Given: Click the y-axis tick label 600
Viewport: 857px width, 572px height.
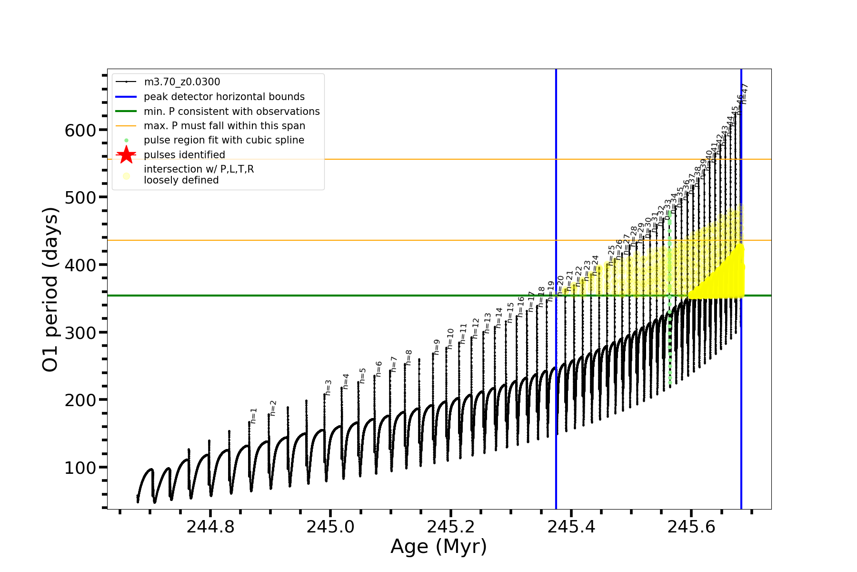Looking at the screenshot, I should [x=80, y=130].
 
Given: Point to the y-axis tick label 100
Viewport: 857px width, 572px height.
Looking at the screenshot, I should [x=80, y=468].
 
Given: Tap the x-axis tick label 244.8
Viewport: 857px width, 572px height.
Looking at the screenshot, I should [x=210, y=527].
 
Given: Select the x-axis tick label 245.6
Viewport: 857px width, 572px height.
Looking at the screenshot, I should [x=691, y=527].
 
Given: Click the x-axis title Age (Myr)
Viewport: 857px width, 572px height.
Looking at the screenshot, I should [x=438, y=547].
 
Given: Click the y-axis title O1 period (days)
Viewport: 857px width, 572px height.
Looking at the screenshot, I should [x=50, y=289].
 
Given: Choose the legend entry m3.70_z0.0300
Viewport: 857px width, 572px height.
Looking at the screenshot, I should [x=182, y=82].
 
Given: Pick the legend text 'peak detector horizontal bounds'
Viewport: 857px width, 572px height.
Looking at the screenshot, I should [x=224, y=97].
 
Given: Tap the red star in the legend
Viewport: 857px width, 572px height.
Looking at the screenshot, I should [x=126, y=155].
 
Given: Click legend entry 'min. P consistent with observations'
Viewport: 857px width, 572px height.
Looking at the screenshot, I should [x=231, y=112].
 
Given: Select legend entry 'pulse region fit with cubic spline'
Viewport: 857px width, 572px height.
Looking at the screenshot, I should [x=224, y=140].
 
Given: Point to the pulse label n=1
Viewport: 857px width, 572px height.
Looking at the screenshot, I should [x=254, y=416].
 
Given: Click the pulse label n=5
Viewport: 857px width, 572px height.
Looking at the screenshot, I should [x=363, y=375].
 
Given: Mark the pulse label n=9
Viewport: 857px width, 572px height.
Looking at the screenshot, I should [x=437, y=347].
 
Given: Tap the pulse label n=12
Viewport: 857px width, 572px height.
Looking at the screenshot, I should [x=475, y=328].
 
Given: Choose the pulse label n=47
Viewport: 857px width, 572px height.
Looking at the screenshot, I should [x=745, y=93].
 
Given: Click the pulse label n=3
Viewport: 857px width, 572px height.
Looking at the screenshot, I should [x=328, y=388].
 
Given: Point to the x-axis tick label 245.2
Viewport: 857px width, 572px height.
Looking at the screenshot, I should [x=451, y=527].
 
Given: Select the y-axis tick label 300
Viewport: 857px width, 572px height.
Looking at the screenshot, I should [x=80, y=333].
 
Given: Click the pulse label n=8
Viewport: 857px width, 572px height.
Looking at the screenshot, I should [x=409, y=357].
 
